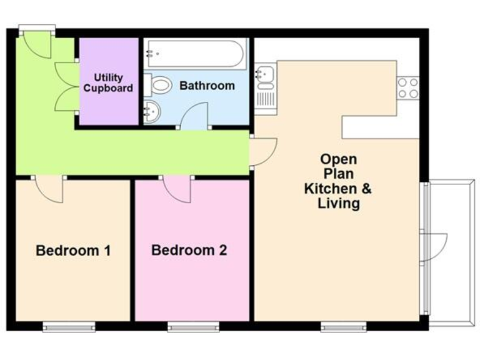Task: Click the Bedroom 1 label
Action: point(73,251)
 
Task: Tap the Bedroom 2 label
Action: point(189,251)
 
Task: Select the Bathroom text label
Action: point(207,86)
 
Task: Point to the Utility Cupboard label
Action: point(108,83)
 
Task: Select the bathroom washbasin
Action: point(151,112)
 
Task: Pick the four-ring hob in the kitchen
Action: point(408,87)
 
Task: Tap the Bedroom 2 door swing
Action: point(179,189)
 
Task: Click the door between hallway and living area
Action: point(262,152)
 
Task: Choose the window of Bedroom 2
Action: point(193,325)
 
